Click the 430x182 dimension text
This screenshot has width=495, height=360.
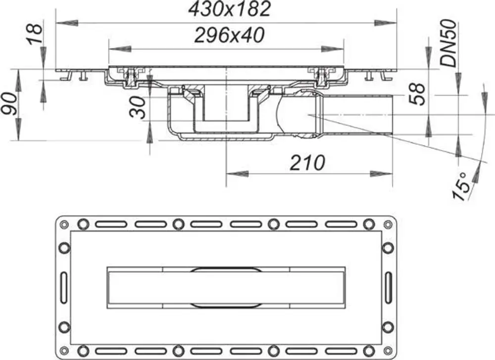click(230, 9)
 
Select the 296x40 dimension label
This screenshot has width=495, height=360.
click(229, 35)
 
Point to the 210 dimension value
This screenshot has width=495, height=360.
click(307, 163)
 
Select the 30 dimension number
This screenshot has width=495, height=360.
click(138, 107)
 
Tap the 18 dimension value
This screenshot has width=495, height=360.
click(35, 34)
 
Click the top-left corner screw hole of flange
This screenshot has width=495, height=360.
click(64, 225)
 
